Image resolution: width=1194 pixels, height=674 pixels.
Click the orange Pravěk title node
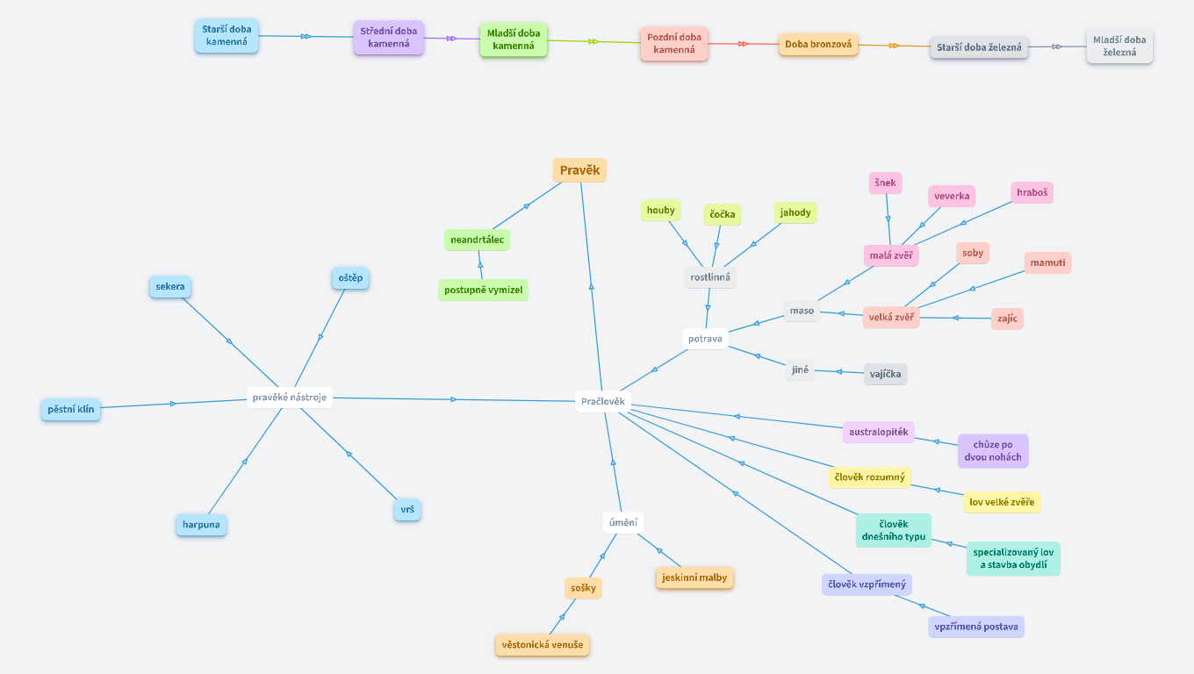tap(579, 170)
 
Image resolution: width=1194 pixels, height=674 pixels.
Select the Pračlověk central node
tap(602, 402)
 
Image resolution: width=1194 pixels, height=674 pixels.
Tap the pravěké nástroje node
tap(289, 398)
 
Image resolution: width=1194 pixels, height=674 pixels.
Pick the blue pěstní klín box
tap(71, 409)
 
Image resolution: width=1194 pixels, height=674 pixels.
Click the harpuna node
tap(201, 526)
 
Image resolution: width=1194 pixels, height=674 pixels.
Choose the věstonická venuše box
tap(542, 645)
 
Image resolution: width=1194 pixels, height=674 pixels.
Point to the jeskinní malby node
tap(694, 577)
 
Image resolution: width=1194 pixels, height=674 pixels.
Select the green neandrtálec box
tap(477, 240)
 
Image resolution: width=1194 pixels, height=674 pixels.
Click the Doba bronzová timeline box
tap(818, 44)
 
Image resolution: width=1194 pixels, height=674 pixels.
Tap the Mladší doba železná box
tap(1119, 46)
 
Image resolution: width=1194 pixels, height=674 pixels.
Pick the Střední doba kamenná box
tap(389, 37)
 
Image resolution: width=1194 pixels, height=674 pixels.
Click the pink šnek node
tap(885, 183)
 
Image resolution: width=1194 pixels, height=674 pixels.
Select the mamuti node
tap(1047, 262)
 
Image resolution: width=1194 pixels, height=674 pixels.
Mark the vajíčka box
tap(885, 374)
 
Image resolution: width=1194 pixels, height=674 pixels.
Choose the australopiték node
tap(878, 432)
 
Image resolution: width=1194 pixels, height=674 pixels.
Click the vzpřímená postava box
tap(976, 627)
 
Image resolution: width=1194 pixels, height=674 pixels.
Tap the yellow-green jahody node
tap(795, 212)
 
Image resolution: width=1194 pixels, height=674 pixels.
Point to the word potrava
tap(705, 339)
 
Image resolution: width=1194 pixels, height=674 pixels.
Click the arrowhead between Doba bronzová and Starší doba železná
tap(894, 46)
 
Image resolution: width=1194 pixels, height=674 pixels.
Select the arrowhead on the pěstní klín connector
tap(173, 404)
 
